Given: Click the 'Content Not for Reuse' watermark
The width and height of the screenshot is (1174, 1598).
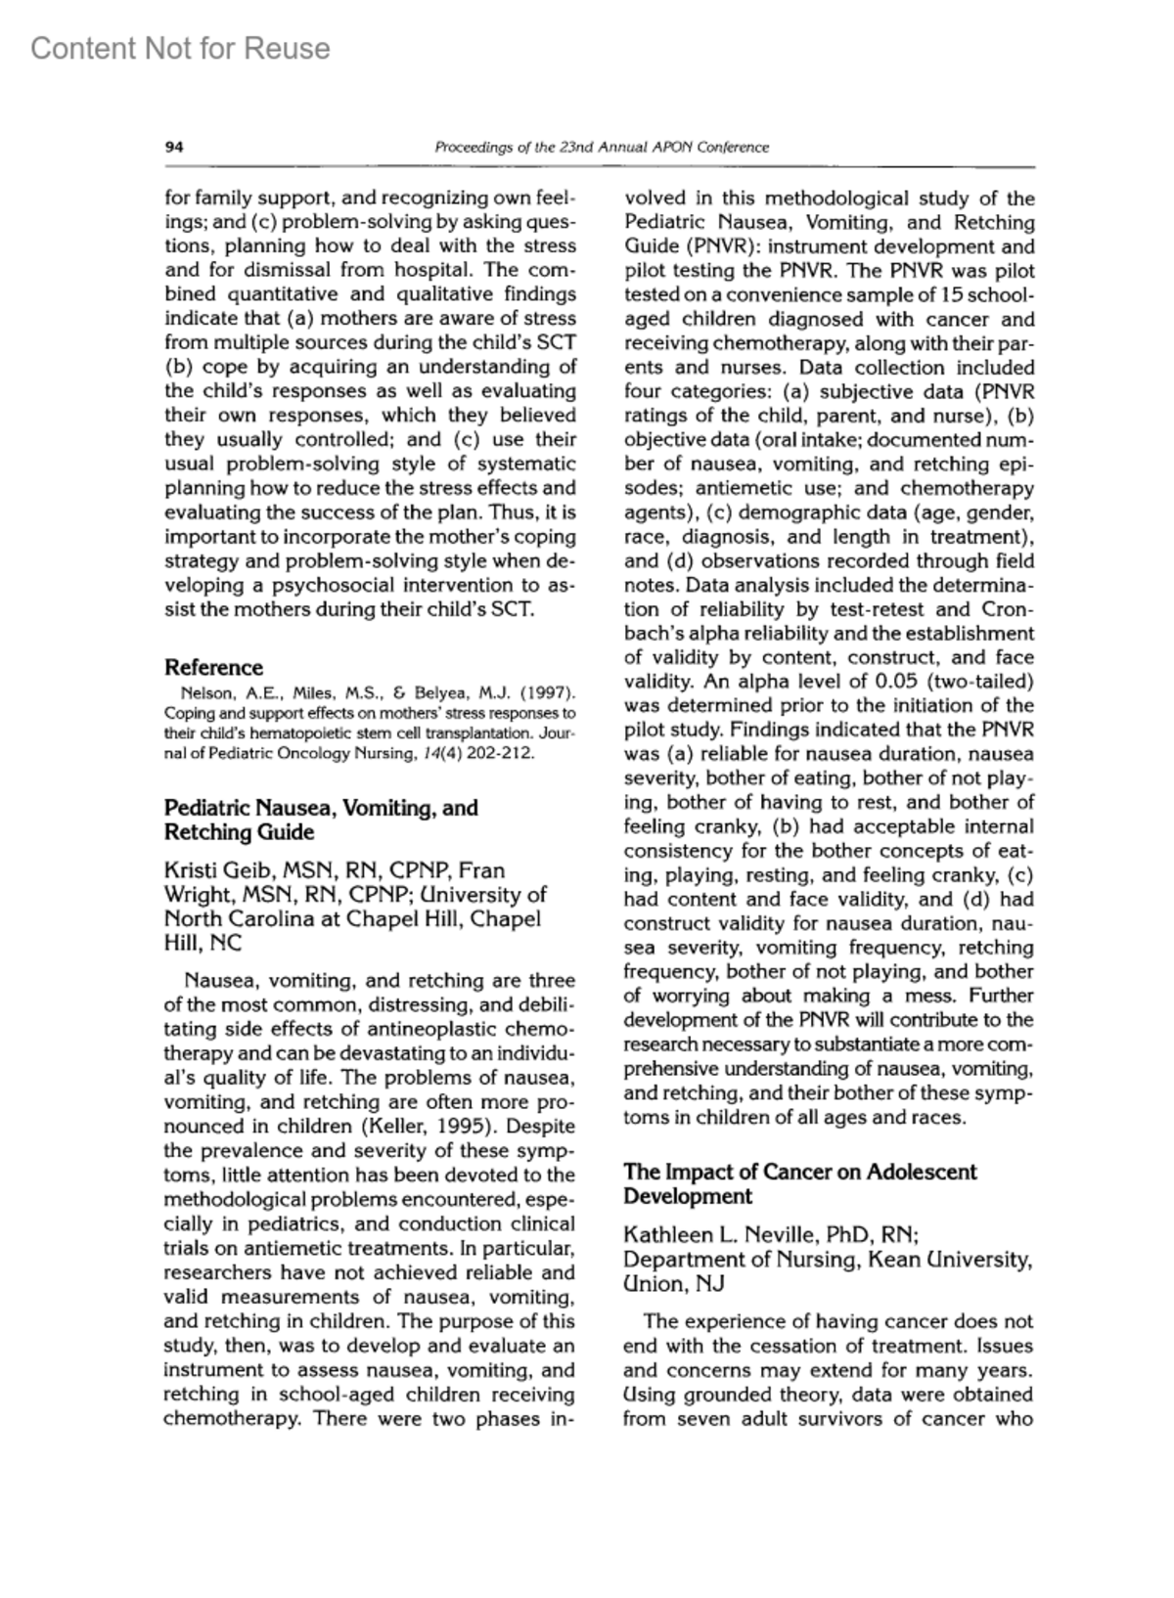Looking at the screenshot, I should pos(180,48).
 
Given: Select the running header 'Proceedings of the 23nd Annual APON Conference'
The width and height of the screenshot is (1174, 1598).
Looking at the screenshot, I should pos(601,148).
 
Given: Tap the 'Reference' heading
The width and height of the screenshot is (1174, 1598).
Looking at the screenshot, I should pos(213,668).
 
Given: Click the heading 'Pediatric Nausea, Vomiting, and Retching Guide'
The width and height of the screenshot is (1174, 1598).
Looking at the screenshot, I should pos(321,820).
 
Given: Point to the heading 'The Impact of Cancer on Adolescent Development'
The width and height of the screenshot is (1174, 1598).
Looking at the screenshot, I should pos(799,1183).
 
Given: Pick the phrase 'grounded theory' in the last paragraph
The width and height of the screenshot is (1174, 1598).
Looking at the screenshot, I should pos(760,1395).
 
